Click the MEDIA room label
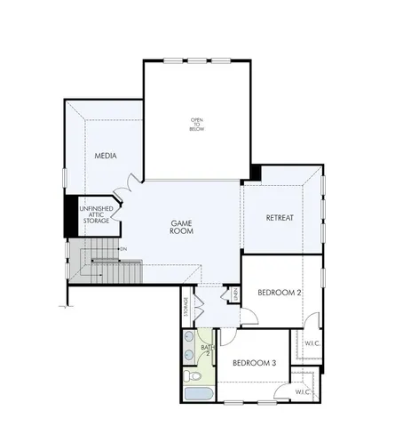coord(107,157)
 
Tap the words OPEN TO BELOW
coord(196,124)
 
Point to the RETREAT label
coord(280,218)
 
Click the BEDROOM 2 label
coord(281,292)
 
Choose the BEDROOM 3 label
coord(255,363)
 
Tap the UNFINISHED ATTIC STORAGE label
coord(95,214)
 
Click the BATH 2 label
coord(207,350)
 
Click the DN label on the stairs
coord(123,249)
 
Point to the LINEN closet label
coord(235,294)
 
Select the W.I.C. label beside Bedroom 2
coord(312,343)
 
